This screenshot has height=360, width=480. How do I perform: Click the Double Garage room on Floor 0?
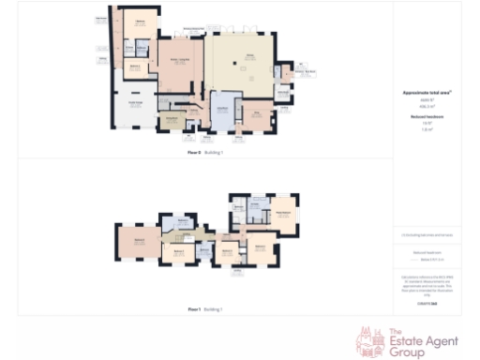[x=134, y=105]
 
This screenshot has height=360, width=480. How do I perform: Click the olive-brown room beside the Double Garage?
[x=172, y=119]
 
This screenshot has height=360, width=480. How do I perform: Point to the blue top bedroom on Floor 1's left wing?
[x=178, y=224]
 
